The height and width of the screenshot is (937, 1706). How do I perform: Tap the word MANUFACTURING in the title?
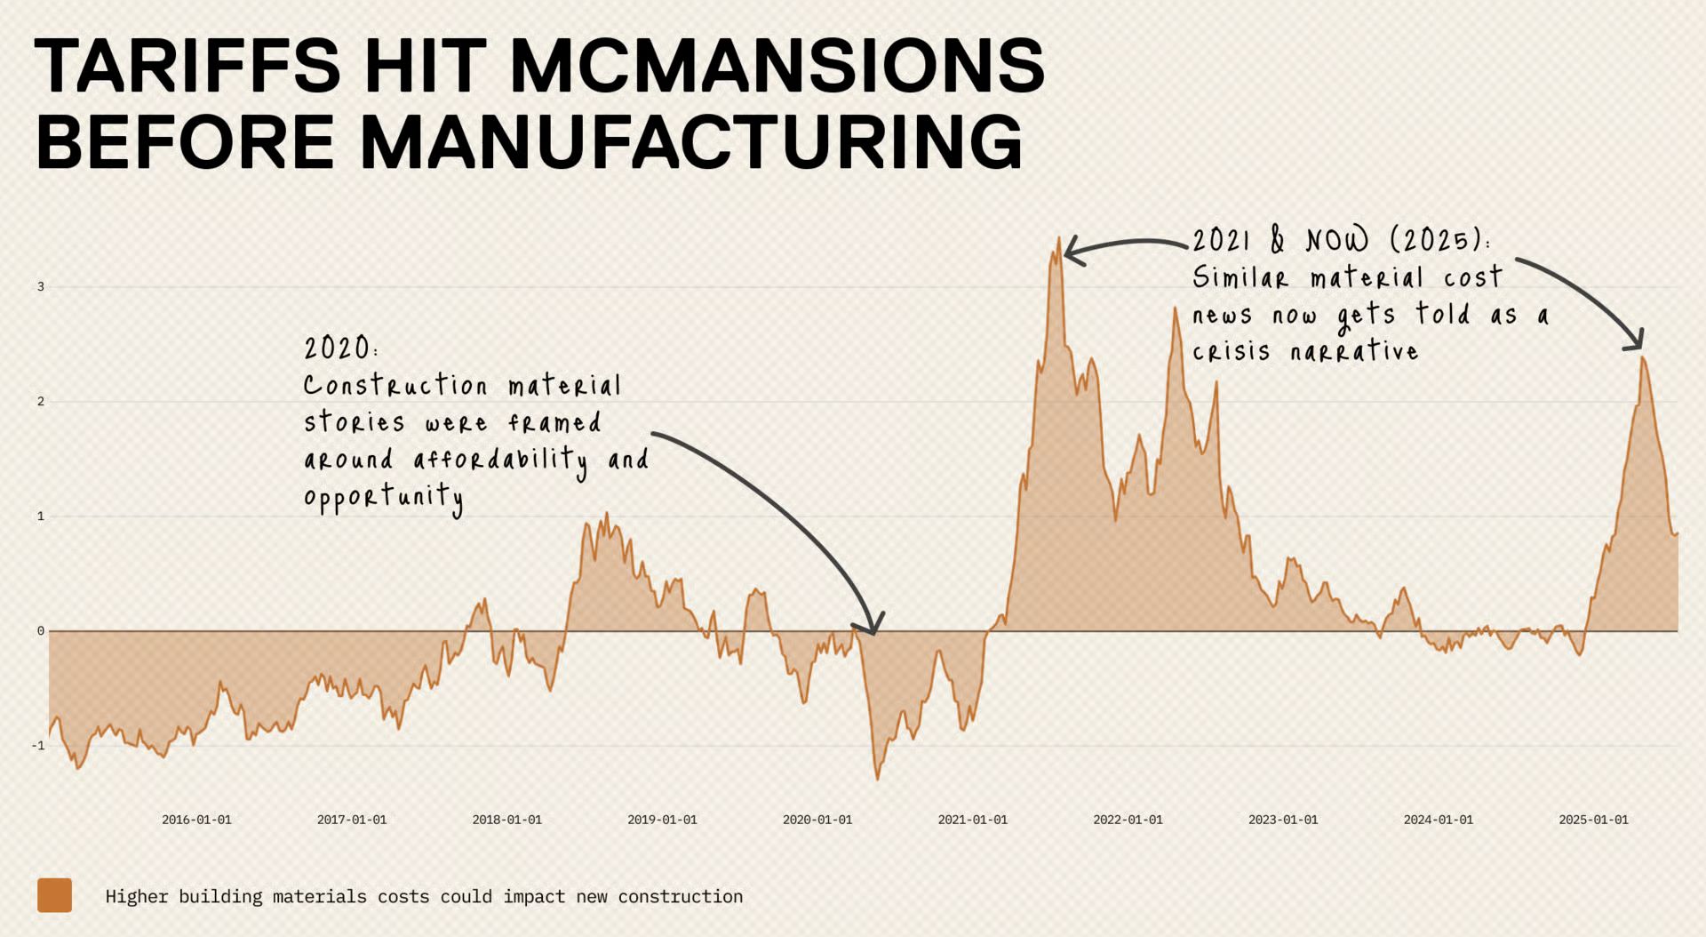[691, 141]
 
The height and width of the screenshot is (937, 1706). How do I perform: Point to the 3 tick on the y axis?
[41, 287]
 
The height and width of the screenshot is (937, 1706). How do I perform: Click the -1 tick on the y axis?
[38, 746]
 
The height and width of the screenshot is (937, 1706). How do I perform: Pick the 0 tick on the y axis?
[41, 631]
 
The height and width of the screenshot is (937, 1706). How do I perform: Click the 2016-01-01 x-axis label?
[196, 820]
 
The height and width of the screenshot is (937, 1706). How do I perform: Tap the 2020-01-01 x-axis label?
[817, 820]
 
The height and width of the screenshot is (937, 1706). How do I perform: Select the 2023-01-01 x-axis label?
[1283, 820]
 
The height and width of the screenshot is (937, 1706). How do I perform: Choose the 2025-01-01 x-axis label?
[1593, 820]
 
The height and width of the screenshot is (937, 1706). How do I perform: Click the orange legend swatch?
[54, 895]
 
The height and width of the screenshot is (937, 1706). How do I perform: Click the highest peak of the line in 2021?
[1059, 237]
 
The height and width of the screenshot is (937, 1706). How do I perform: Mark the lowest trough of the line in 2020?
[877, 779]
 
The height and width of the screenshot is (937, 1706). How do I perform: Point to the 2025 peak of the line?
[1643, 357]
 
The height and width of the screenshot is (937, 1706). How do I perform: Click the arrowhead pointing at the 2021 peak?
[1068, 252]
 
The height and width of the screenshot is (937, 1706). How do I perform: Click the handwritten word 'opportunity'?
[383, 498]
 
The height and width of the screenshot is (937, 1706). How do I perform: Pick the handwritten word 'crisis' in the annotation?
[1232, 352]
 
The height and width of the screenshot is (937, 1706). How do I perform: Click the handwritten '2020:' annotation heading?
[340, 348]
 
